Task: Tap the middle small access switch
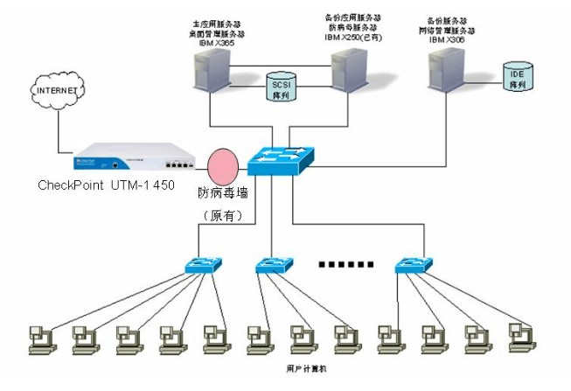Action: pos(274,264)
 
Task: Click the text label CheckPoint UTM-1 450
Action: pos(107,185)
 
